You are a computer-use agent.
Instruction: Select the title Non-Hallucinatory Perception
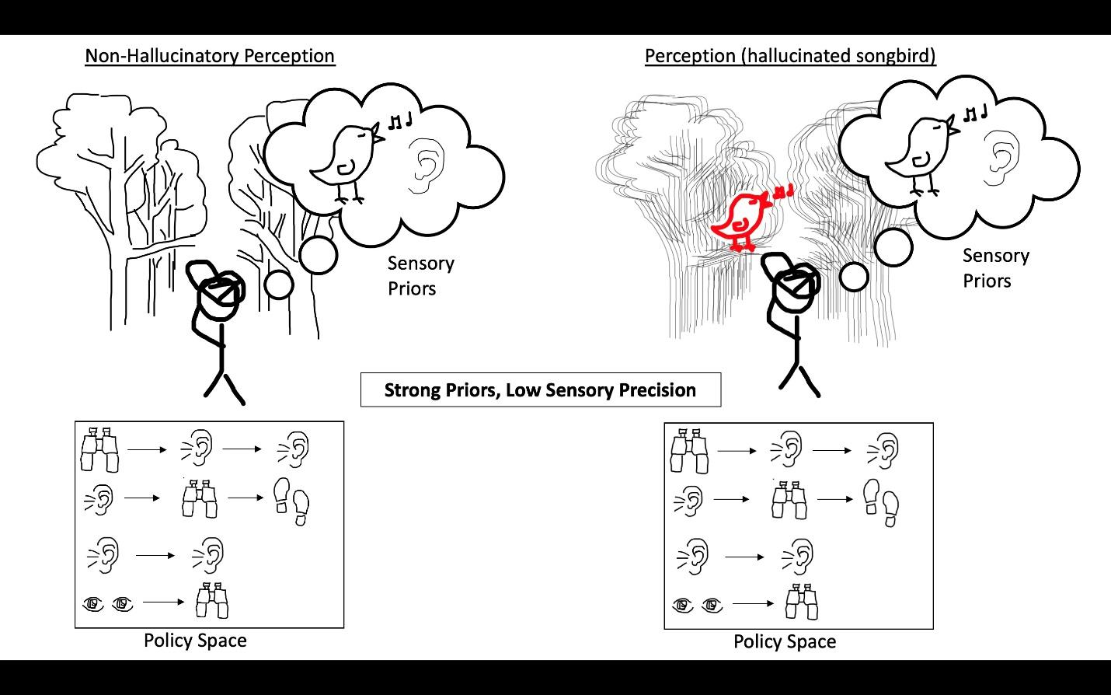pos(210,56)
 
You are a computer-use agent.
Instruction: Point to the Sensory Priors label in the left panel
pos(420,276)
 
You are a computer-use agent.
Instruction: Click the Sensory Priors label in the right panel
pos(995,268)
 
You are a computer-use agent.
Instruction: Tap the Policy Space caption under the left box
pos(195,641)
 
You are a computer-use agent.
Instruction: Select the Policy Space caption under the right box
pos(785,642)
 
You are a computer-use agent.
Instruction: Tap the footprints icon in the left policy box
pos(292,501)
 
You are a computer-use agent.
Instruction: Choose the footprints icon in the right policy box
pos(882,501)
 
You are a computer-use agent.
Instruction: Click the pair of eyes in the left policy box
pos(108,602)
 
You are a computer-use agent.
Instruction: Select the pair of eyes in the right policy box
pos(697,604)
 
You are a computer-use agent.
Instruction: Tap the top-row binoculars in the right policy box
pos(689,449)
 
